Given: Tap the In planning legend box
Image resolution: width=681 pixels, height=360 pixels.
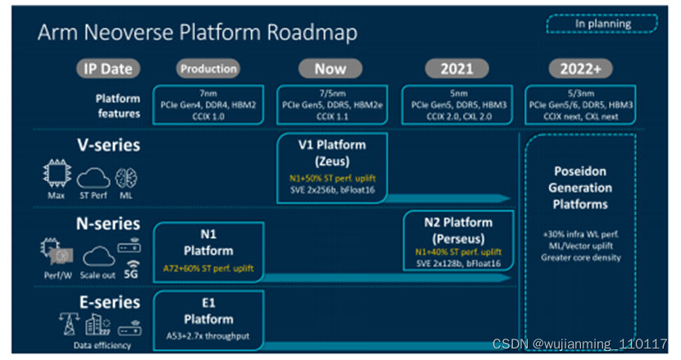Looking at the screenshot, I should (x=602, y=23).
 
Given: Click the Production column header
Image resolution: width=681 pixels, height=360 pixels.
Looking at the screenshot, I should (x=208, y=69).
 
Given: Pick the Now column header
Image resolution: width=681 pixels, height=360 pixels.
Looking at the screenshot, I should (x=330, y=69).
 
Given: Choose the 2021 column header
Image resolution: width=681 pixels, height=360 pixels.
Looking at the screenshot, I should (x=456, y=69).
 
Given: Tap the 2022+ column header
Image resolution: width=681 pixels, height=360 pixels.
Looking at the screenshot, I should (x=580, y=69).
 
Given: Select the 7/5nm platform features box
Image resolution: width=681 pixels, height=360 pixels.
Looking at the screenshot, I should (x=330, y=104).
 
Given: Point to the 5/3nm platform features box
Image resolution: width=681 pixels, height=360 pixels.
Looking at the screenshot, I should (x=580, y=104).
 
